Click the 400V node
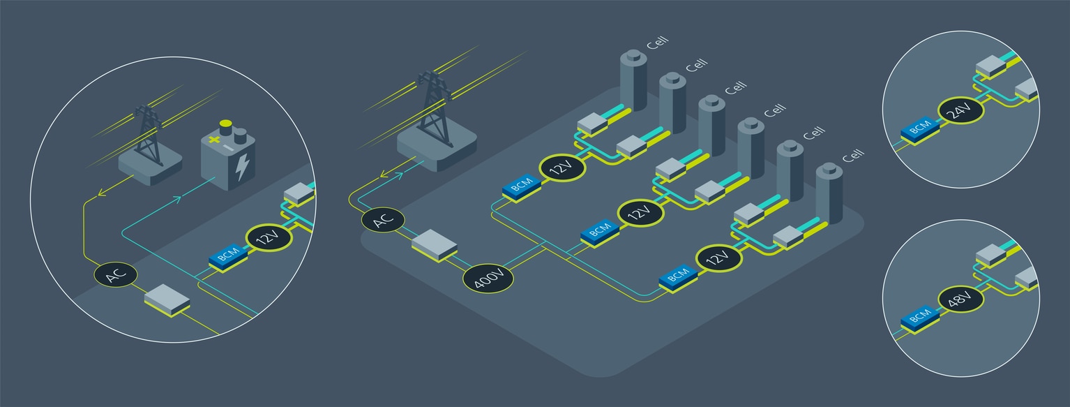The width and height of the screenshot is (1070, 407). pyautogui.click(x=488, y=279)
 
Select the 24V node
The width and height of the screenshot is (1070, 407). pyautogui.click(x=960, y=110)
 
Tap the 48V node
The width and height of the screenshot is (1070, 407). pyautogui.click(x=960, y=300)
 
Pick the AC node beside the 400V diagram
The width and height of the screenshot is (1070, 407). pyautogui.click(x=383, y=220)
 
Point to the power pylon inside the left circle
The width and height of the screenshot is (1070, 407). pyautogui.click(x=147, y=136)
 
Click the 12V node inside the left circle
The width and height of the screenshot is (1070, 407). pyautogui.click(x=269, y=238)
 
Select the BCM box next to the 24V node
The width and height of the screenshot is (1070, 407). pyautogui.click(x=918, y=128)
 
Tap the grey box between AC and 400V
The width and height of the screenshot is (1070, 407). pyautogui.click(x=434, y=245)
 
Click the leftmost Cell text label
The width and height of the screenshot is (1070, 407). pyautogui.click(x=657, y=43)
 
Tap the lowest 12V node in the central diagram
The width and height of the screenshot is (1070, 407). pyautogui.click(x=718, y=258)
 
